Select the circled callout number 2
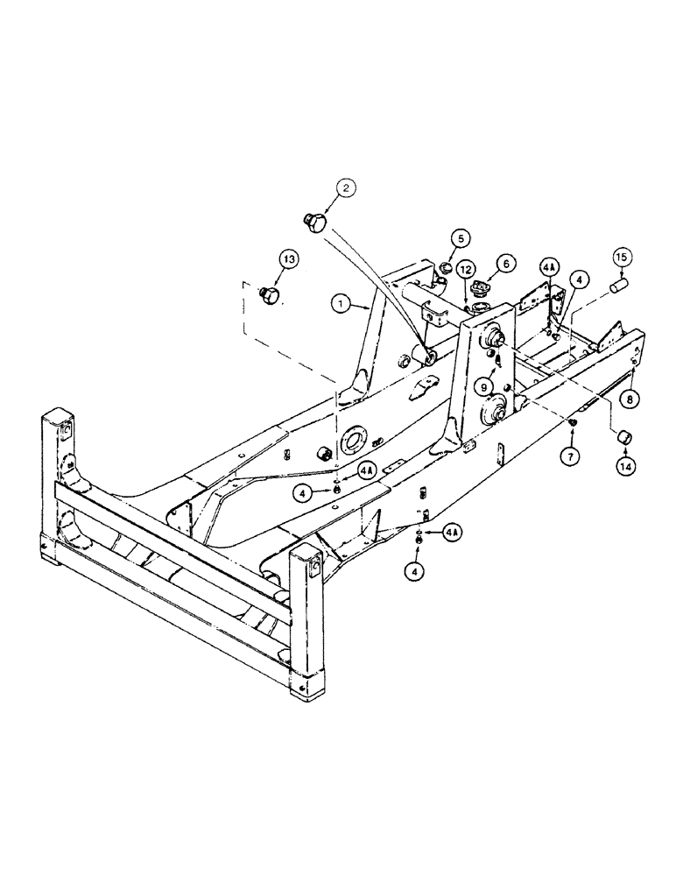point(345,187)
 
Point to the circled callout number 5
point(461,237)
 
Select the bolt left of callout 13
point(271,295)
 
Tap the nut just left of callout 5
point(444,267)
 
